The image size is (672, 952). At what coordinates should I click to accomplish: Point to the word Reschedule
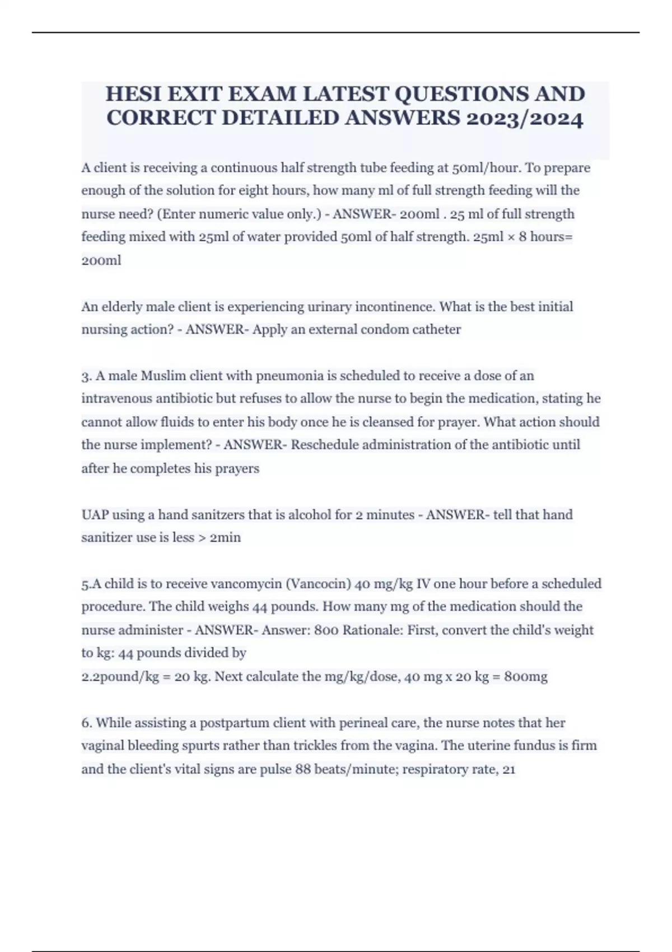click(325, 445)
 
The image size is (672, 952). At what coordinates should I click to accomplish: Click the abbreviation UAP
click(95, 515)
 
